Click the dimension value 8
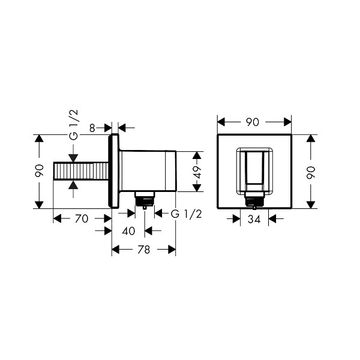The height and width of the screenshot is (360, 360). pos(92,128)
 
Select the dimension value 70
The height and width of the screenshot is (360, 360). pos(82,218)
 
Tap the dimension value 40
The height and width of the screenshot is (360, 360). pos(128,231)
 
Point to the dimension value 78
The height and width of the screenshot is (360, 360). pos(144,250)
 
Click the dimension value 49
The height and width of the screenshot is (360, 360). pos(197,172)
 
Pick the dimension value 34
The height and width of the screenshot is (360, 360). pos(254,219)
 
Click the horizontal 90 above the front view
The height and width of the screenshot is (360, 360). pos(253,122)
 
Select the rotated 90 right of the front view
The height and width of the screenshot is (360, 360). pos(311,172)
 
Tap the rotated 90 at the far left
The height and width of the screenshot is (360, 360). pos(39,170)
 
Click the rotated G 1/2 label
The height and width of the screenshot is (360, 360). pos(74,125)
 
